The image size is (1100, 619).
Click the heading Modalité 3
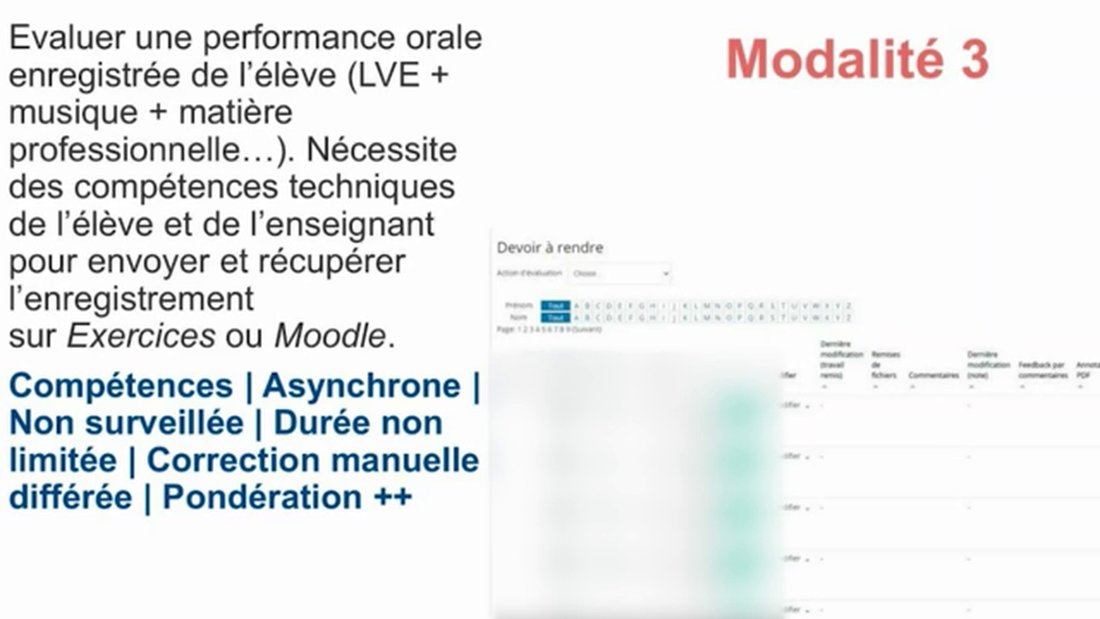857,59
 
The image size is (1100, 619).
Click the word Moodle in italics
329,336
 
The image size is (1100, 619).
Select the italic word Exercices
141,336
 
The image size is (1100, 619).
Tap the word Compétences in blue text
120,386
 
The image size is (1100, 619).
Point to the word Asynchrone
361,386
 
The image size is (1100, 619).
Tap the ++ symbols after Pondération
393,497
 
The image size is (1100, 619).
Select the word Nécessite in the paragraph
381,150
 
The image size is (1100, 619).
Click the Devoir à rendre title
550,248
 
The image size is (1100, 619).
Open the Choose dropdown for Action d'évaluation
619,273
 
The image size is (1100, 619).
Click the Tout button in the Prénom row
556,305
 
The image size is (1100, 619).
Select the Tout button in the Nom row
556,317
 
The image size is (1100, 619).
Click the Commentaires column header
933,375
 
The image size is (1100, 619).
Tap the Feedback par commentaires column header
1043,370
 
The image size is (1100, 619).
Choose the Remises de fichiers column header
885,365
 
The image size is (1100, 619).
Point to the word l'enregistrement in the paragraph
131,298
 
